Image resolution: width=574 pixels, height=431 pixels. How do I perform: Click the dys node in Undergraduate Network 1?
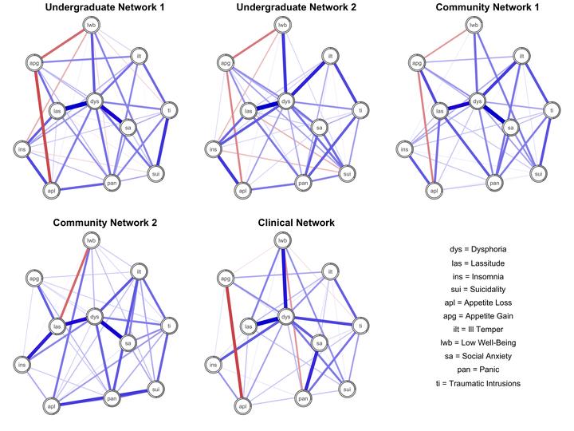(94, 101)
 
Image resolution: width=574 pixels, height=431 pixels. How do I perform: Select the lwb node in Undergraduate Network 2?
(282, 25)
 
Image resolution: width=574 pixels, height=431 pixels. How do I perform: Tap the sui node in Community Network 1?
(538, 173)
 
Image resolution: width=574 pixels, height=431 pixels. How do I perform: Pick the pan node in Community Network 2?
(112, 398)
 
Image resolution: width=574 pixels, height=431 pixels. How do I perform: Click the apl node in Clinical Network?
(242, 406)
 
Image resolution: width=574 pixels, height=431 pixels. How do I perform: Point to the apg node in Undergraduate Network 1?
(35, 63)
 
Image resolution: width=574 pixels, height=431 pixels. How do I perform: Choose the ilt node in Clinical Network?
(330, 271)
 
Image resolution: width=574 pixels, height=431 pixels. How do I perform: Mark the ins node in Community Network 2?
(22, 365)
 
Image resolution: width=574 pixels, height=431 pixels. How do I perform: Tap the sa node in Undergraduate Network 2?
(319, 128)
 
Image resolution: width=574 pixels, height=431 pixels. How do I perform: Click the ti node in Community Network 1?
(552, 110)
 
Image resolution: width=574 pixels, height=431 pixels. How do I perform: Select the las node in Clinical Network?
(249, 326)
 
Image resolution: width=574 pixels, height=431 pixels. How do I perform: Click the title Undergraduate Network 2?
(296, 7)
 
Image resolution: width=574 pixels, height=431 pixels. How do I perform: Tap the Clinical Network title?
(296, 223)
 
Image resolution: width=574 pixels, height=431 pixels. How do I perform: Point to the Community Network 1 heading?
(487, 7)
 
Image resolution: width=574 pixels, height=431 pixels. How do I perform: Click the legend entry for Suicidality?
(478, 289)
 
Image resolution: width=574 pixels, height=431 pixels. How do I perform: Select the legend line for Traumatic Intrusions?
(478, 383)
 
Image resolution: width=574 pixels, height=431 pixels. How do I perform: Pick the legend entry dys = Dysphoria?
(478, 249)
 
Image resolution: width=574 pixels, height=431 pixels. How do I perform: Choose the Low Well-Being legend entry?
(478, 342)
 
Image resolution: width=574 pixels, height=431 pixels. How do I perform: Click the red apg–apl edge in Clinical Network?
(234, 342)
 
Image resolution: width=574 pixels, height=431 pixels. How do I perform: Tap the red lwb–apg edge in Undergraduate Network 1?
(63, 44)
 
